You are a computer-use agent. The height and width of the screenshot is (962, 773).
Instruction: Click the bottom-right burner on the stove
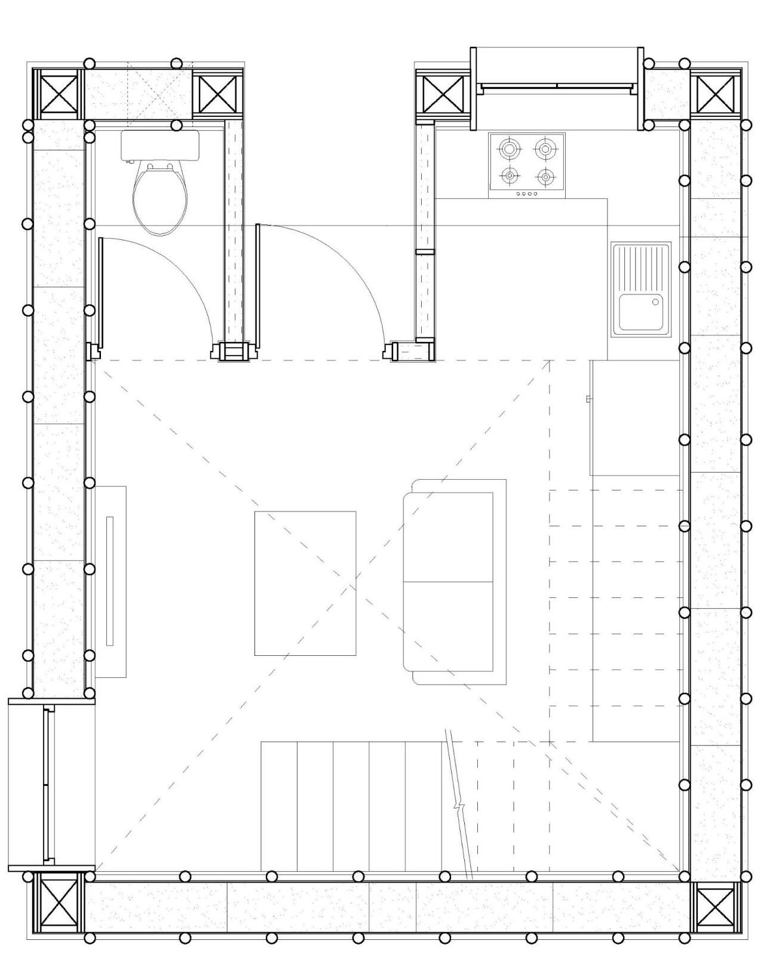coord(545,177)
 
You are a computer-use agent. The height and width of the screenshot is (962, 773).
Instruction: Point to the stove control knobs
coord(526,193)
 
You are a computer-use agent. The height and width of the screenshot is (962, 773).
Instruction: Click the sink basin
coord(641,312)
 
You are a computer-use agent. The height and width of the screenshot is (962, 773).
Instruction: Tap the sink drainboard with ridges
coord(641,267)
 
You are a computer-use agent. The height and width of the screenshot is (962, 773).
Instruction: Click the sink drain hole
coord(655,303)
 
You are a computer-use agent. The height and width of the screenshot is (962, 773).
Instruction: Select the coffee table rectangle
coord(305,583)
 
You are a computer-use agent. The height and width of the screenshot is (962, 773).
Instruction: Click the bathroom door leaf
coord(101,292)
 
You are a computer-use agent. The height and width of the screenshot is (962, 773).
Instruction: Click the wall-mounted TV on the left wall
coord(110,581)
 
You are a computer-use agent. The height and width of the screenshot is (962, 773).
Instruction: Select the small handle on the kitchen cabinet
coord(588,398)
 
